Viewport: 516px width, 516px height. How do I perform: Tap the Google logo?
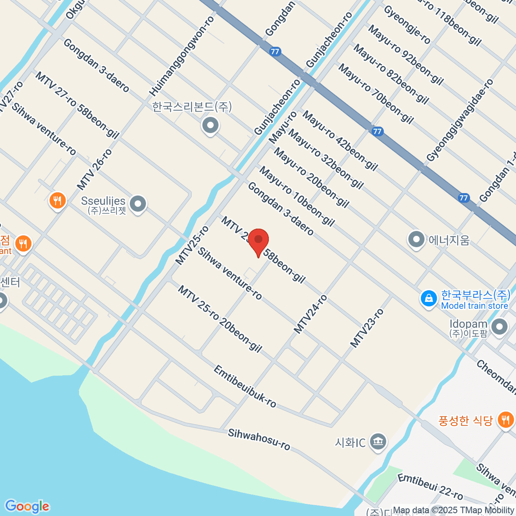27,506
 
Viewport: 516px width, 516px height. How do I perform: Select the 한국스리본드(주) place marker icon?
210,126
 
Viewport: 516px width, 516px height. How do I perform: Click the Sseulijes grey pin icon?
138,205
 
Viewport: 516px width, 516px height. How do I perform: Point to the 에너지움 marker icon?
416,240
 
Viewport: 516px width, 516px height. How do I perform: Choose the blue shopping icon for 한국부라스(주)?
429,299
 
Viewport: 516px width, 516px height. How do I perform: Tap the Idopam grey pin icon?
500,328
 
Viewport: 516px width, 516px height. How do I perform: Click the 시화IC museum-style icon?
378,442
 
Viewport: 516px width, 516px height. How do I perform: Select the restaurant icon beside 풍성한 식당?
506,419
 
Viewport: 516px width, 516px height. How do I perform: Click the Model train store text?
474,306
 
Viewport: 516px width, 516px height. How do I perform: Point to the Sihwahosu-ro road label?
259,439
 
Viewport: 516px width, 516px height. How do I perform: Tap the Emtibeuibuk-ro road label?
245,387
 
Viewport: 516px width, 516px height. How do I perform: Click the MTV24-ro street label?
310,314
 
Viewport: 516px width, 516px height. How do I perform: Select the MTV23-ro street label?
366,328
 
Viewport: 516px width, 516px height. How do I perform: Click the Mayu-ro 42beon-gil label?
340,140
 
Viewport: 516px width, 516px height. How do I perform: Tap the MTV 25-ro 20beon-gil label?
220,319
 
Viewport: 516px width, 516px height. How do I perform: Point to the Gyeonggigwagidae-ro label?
460,120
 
